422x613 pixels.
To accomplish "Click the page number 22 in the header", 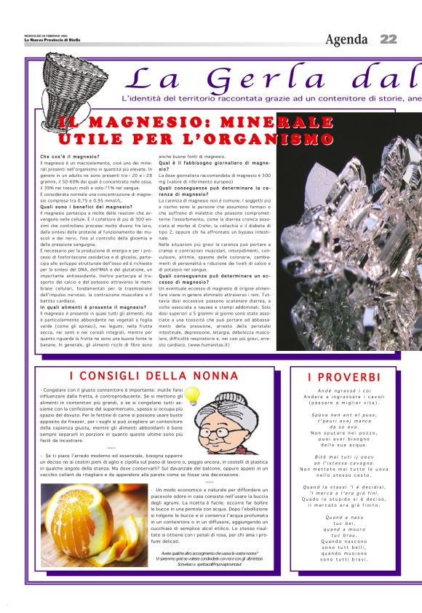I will coord(388,39).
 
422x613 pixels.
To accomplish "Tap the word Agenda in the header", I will coord(347,39).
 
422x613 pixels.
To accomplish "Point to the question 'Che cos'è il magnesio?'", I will coord(70,157).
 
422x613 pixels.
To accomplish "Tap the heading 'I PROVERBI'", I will coord(343,377).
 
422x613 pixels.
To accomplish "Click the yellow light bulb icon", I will coord(192,395).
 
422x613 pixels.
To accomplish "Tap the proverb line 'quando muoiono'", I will coord(344,574).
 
